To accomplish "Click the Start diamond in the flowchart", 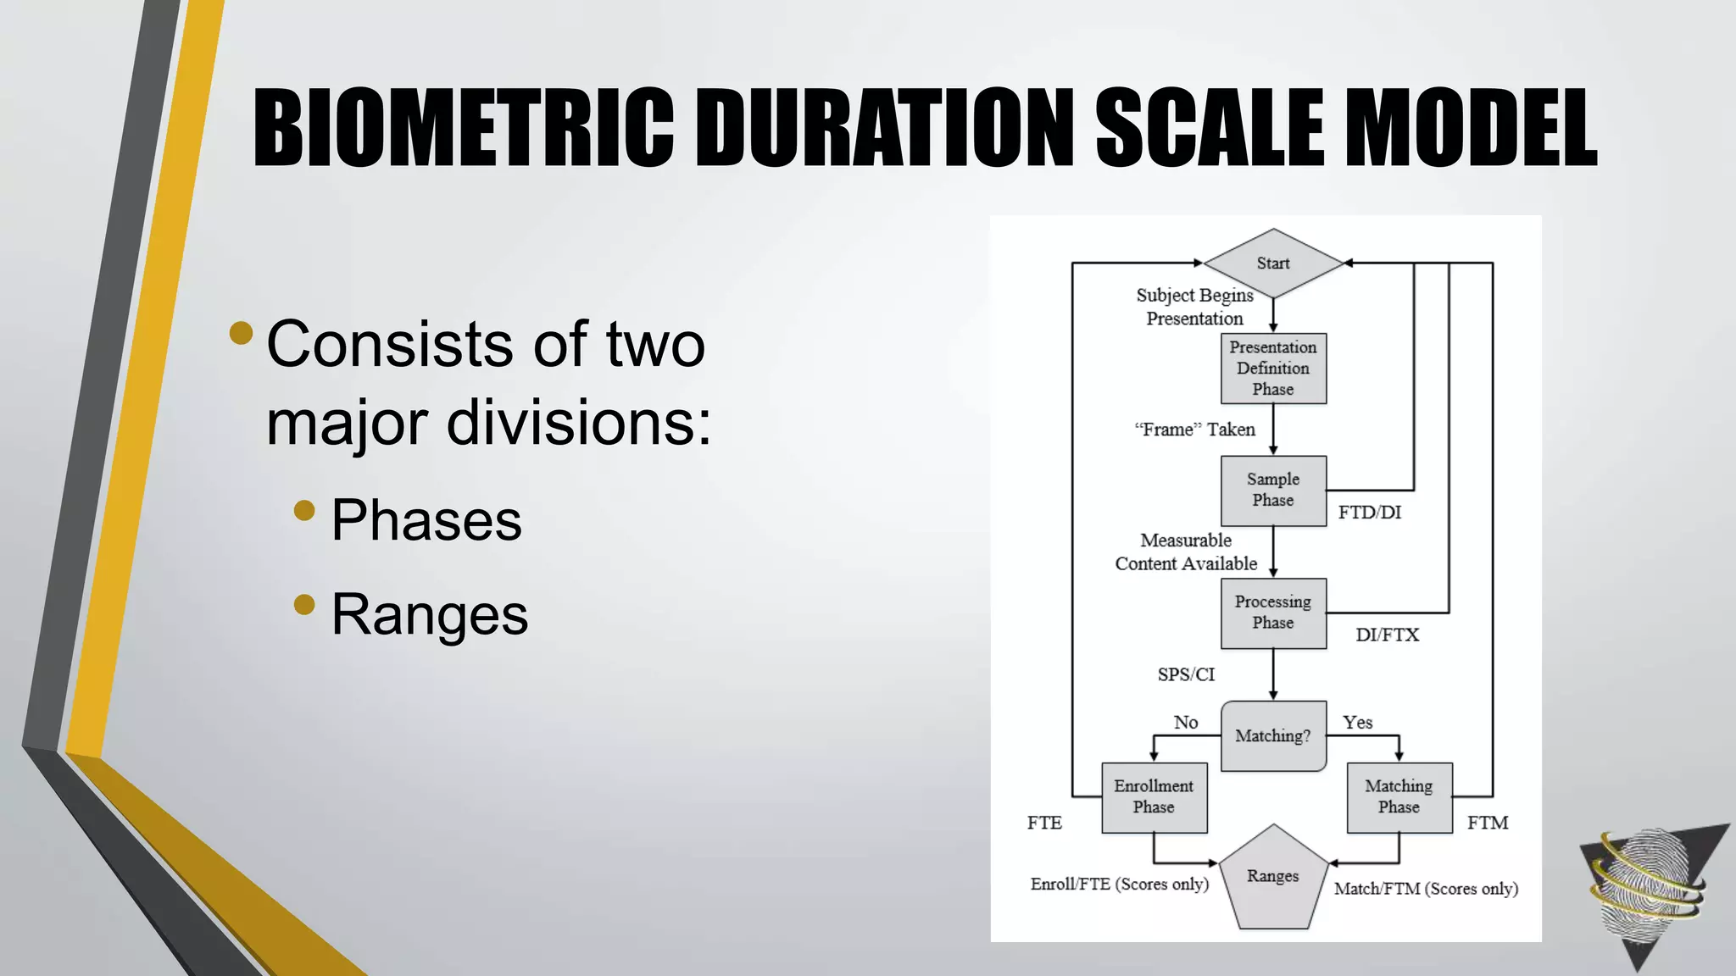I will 1272,263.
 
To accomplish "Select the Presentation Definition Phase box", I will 1273,369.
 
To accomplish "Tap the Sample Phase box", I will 1273,491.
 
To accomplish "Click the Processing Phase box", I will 1273,613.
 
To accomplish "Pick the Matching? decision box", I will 1273,735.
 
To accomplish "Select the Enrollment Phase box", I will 1154,797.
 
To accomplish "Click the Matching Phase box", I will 1399,797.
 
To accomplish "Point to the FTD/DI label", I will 1369,513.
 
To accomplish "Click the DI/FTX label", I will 1387,635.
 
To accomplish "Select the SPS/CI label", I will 1186,675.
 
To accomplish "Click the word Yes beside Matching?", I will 1357,723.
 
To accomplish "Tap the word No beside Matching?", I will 1186,723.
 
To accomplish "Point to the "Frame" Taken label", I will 1194,430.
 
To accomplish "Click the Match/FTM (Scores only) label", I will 1426,889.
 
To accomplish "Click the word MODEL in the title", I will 1470,129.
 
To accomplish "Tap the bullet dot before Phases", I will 304,510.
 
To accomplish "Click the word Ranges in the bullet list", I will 429,614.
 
